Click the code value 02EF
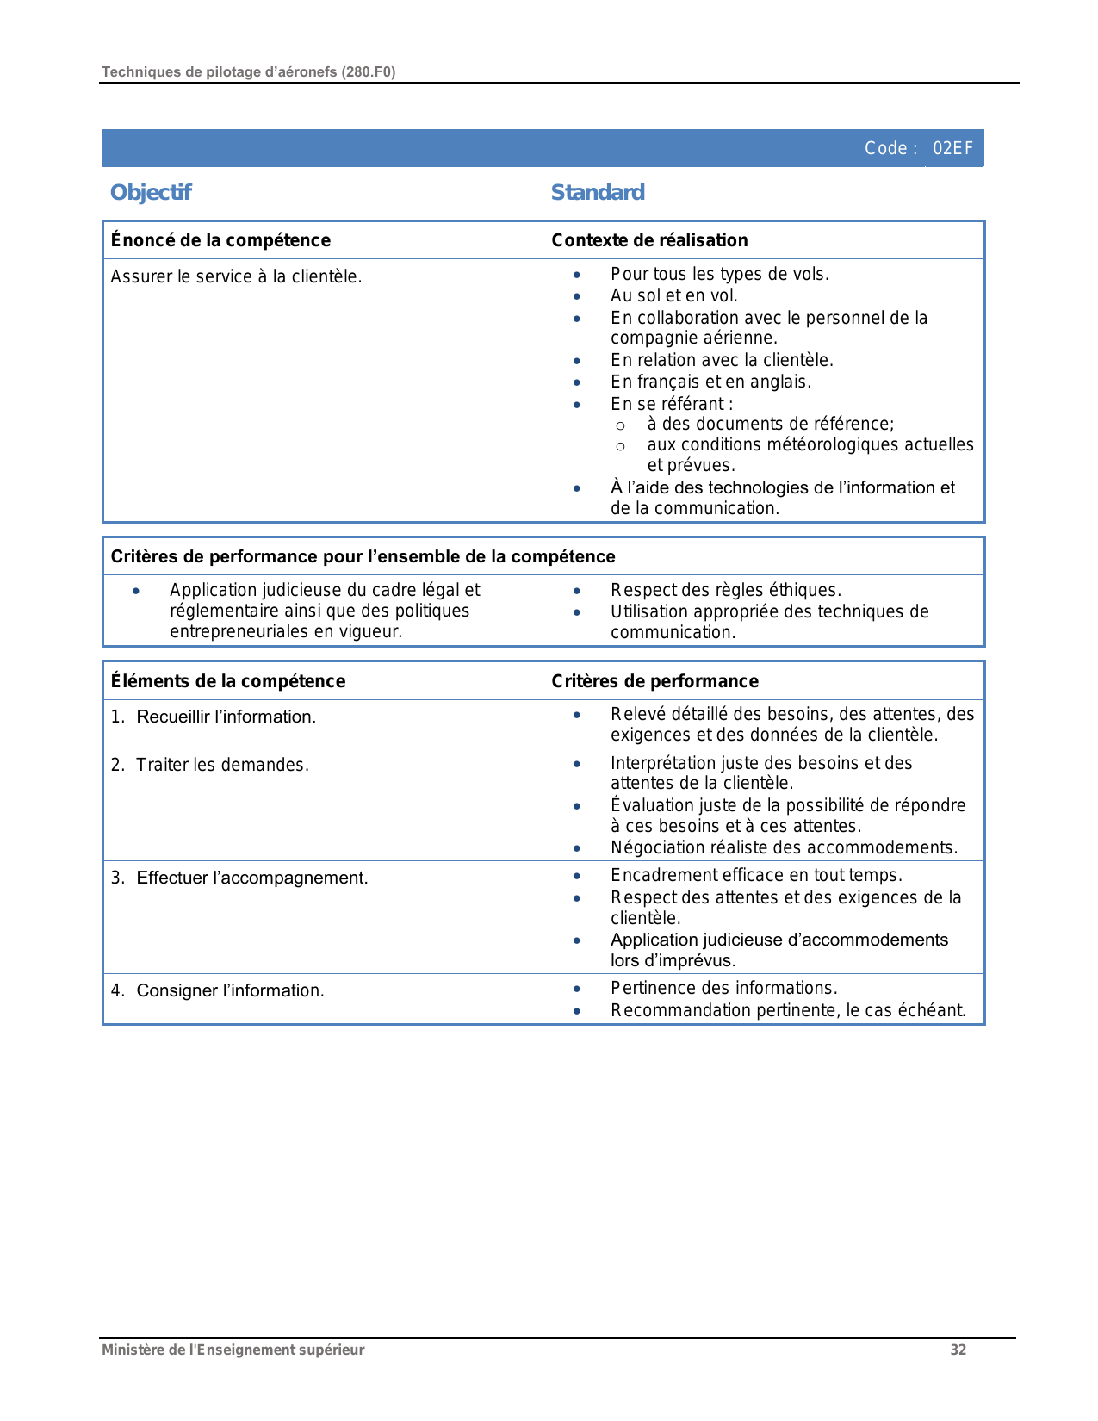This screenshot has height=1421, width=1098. (952, 148)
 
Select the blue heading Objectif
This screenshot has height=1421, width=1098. (151, 192)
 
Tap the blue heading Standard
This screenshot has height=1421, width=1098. (598, 192)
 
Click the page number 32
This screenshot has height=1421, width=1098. (958, 1350)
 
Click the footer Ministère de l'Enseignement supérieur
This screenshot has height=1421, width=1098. (233, 1350)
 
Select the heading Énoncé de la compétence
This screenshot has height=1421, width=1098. (220, 240)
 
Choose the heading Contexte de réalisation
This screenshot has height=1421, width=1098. (649, 240)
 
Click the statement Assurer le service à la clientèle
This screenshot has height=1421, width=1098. (236, 276)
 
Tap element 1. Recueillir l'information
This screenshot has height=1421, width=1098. (214, 717)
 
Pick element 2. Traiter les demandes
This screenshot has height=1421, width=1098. (209, 765)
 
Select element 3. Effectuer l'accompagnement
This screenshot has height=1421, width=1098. (239, 878)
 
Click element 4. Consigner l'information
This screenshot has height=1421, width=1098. (217, 990)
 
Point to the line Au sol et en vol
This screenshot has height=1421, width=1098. (673, 295)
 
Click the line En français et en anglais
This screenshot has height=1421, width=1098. (710, 382)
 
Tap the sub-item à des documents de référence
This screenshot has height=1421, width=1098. (770, 424)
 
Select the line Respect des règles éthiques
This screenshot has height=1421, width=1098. (725, 590)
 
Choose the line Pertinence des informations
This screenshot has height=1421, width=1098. (723, 988)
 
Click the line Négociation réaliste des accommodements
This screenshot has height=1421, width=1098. (784, 847)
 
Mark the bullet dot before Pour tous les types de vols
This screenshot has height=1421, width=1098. (577, 275)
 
